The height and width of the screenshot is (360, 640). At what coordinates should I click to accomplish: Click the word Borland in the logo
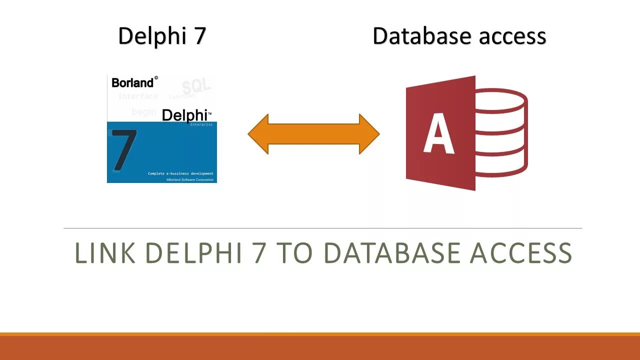(132, 82)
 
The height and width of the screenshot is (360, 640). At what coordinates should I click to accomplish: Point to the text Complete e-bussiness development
(180, 173)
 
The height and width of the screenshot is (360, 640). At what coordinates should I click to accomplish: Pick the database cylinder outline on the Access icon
(502, 132)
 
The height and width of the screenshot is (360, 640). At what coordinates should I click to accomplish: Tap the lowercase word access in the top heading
(512, 36)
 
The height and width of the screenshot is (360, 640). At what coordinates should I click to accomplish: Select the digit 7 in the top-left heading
(200, 36)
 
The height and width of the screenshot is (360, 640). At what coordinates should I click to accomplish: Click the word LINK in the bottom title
(105, 253)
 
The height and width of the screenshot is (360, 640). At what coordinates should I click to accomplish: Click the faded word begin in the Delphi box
(144, 112)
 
